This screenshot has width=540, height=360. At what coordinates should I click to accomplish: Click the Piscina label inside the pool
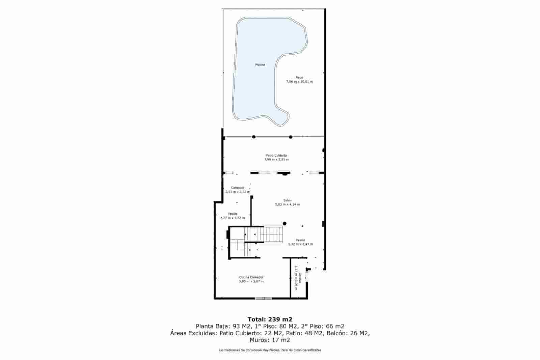point(260,64)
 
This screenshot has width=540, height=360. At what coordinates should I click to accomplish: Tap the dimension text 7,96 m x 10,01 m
point(299,82)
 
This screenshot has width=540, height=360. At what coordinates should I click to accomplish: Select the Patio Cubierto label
point(276,155)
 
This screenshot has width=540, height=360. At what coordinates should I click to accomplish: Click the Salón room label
point(287,200)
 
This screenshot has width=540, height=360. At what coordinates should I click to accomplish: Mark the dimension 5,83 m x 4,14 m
point(287,204)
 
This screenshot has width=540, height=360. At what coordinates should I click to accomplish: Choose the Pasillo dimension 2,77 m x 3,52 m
point(233,218)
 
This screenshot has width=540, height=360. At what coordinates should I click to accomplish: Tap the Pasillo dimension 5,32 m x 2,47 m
point(300,244)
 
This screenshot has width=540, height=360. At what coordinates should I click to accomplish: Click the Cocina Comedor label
point(251,277)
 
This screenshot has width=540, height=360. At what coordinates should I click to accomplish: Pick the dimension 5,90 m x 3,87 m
point(251,281)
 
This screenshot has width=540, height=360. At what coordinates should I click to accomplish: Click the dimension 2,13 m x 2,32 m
point(238,192)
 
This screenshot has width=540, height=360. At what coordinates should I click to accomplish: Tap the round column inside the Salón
point(285,223)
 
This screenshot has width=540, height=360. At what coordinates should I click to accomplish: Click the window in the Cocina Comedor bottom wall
point(264,298)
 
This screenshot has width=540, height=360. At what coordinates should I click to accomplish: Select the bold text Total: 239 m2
point(270,319)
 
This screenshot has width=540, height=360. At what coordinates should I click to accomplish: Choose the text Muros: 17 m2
point(270,340)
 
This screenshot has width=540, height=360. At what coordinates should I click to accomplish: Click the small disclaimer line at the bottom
point(270,350)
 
